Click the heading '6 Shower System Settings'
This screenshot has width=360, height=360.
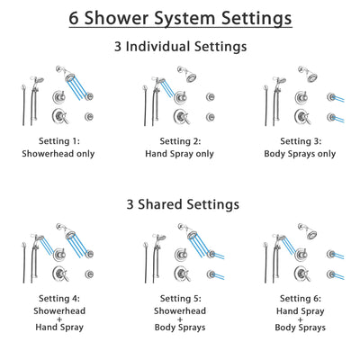tap(180, 18)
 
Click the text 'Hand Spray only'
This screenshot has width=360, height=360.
tap(180, 154)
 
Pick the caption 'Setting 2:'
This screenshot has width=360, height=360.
tap(180, 141)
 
